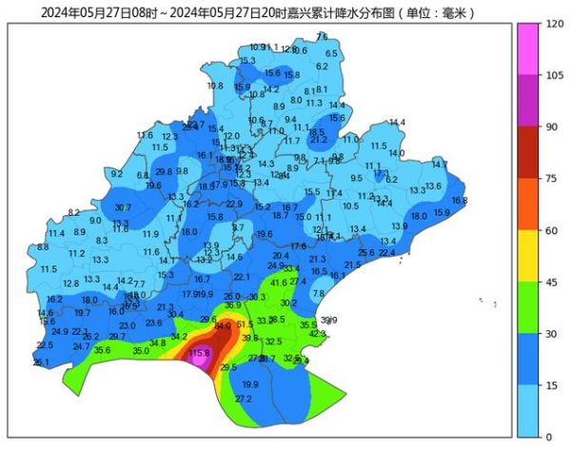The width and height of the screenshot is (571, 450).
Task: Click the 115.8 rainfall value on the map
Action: point(199,354)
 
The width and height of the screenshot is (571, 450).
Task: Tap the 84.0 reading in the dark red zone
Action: point(223,326)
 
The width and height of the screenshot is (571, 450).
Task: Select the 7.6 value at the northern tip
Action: point(322,36)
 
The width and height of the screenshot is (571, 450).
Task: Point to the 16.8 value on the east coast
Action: point(460,201)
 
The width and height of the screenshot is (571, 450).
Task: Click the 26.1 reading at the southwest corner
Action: point(41,362)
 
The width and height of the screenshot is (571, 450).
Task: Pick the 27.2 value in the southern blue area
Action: point(244,399)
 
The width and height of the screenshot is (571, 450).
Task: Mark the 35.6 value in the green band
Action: point(102,351)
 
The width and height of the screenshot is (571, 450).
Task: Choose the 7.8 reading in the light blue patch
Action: point(319,294)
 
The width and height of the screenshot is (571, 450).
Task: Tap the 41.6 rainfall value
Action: point(279,283)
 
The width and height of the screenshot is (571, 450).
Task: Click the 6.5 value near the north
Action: point(331,54)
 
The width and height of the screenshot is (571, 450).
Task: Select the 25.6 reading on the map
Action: point(366,252)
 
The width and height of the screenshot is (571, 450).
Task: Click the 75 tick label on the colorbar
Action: point(548,178)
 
